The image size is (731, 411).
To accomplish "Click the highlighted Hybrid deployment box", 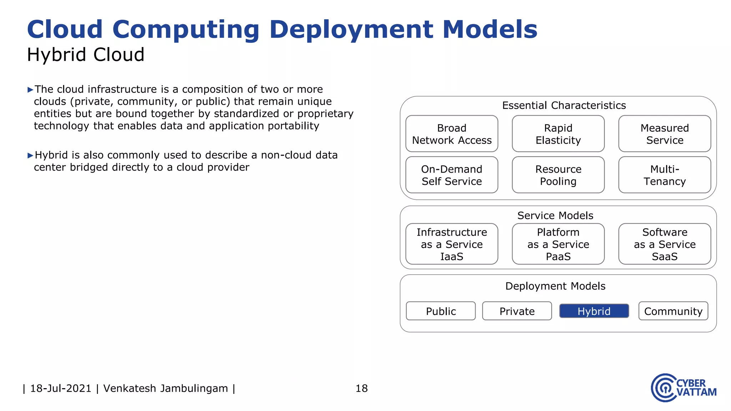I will [594, 311].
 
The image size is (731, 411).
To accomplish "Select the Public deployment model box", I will [441, 311].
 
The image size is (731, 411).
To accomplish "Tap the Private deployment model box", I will [517, 311].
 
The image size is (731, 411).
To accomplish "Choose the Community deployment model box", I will [673, 311].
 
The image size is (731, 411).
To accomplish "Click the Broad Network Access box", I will [452, 134].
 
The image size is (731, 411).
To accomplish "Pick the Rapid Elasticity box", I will [558, 134].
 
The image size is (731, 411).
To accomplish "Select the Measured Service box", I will [665, 134].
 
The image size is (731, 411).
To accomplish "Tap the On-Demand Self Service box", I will [452, 175].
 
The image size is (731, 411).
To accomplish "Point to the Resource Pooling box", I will [558, 175].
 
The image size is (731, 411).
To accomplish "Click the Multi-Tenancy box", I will [665, 175].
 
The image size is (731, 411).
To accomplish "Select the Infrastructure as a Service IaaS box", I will [452, 244].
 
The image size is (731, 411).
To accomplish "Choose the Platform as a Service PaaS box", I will [558, 244].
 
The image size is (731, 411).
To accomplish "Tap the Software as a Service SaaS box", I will [665, 244].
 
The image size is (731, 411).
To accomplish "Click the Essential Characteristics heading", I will [564, 105].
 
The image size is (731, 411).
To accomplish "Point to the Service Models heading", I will [555, 215].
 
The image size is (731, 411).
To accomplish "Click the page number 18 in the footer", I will [362, 388].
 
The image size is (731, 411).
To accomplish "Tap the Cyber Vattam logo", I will [683, 388].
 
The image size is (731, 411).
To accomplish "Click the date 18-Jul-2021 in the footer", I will [61, 388].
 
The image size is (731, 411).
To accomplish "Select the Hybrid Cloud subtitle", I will [86, 55].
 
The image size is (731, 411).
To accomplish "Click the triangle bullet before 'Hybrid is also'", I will [30, 155].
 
